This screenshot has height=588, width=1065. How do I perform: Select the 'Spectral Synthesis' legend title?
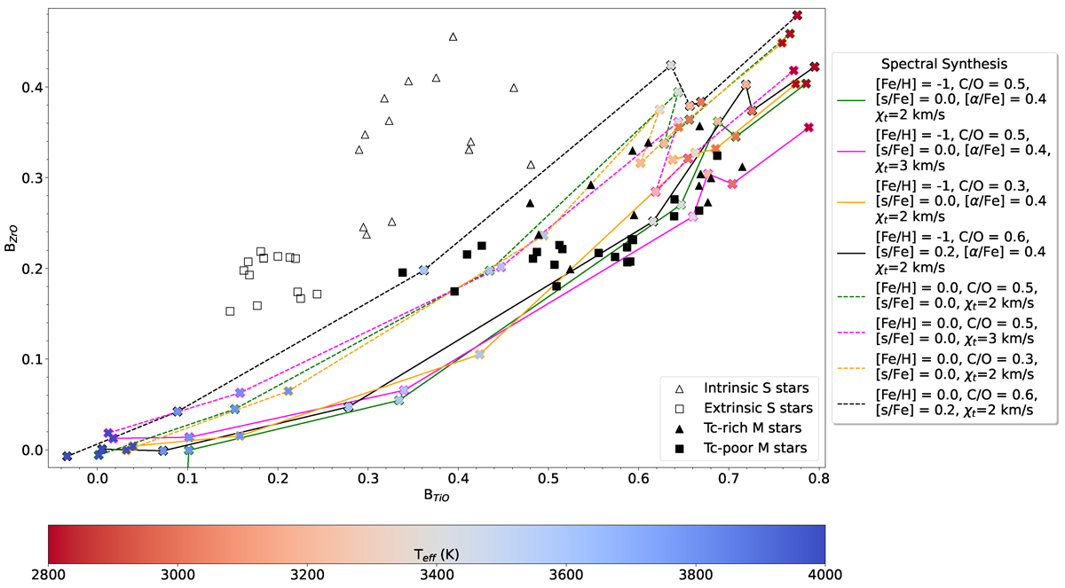click(x=943, y=65)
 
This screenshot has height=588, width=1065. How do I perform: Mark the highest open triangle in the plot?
click(x=454, y=36)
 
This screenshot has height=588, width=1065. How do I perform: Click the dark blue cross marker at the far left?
click(x=67, y=456)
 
